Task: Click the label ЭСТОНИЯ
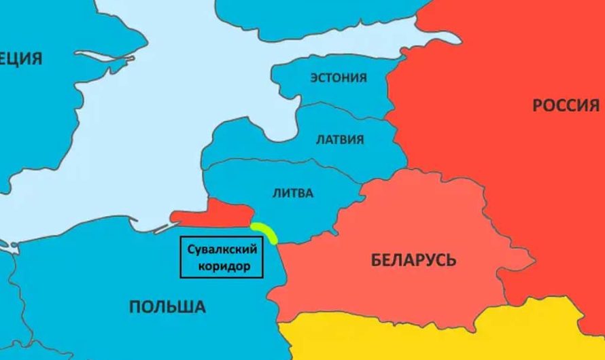pos(338,77)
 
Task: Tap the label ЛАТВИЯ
pos(340,140)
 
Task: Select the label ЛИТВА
pos(293,193)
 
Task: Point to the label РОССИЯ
pos(566,105)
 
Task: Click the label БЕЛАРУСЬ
pos(413,259)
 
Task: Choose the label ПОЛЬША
pos(167,307)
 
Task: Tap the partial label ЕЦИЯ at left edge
pos(21,58)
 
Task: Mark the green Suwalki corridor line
pos(264,232)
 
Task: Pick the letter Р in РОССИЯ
pos(537,105)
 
